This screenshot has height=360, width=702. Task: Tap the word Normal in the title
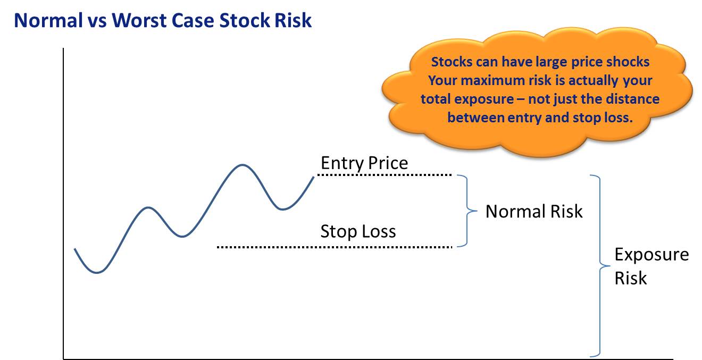click(48, 21)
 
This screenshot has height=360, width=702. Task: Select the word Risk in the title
click(293, 21)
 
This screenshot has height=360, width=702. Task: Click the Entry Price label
click(364, 163)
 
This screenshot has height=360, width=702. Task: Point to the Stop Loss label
click(358, 231)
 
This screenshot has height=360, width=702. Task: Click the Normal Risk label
click(534, 211)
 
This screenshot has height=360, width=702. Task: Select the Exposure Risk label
click(652, 266)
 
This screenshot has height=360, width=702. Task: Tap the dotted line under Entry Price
click(384, 175)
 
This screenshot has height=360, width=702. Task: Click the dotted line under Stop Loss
click(335, 247)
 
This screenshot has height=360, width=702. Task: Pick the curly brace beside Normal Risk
click(467, 211)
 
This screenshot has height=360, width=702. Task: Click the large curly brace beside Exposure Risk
click(600, 266)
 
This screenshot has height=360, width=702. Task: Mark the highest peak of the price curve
click(243, 164)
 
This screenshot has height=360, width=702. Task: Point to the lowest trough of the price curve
click(97, 272)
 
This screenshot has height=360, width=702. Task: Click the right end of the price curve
click(314, 177)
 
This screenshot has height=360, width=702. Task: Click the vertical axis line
click(63, 204)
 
